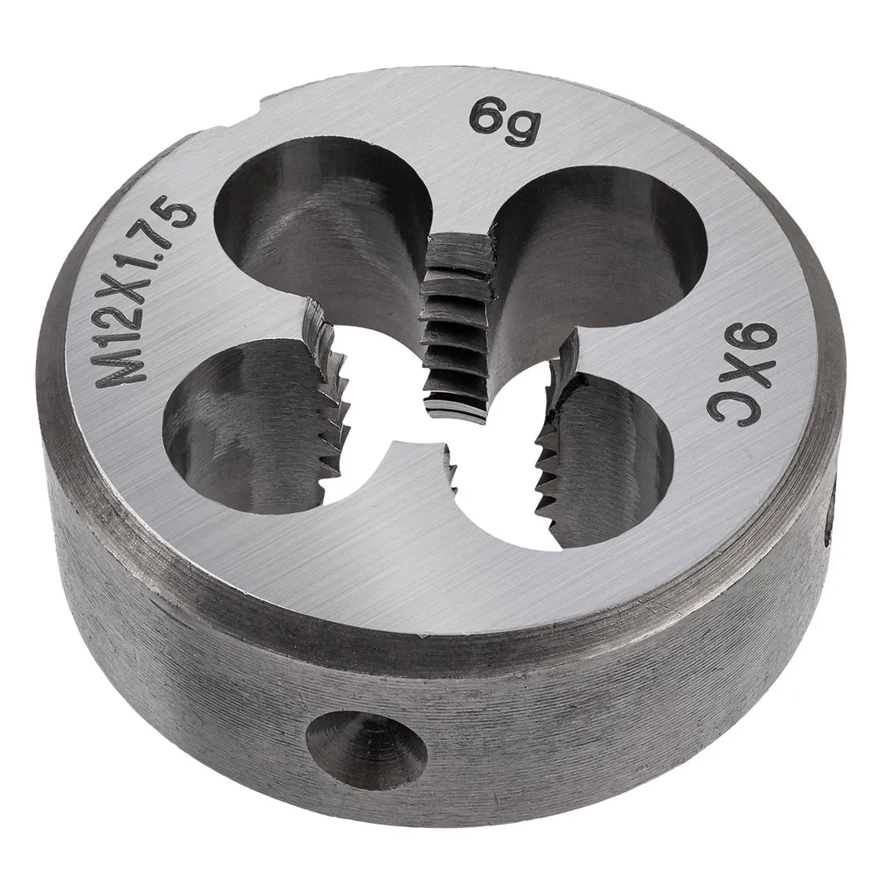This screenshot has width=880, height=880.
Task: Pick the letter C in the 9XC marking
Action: [728, 408]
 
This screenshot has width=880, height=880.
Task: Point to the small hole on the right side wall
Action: [832, 518]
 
